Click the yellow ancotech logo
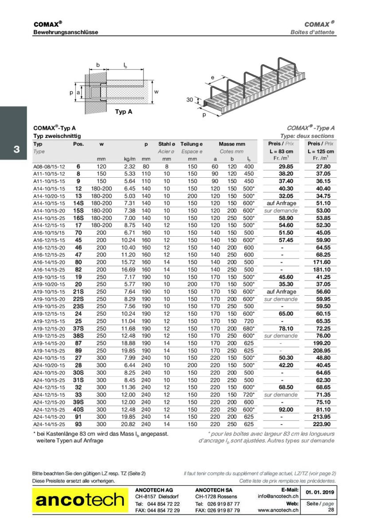tap(80, 500)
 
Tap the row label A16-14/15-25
tap(49, 269)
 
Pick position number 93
tap(78, 424)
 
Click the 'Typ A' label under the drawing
tap(123, 112)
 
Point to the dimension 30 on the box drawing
tap(189, 100)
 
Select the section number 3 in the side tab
tap(16, 149)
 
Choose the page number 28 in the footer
tap(331, 510)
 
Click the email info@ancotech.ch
tap(278, 496)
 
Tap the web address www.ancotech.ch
tap(278, 510)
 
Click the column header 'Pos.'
tap(78, 144)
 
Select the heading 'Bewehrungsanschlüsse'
tap(66, 32)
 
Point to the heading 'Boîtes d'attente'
tap(313, 32)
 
